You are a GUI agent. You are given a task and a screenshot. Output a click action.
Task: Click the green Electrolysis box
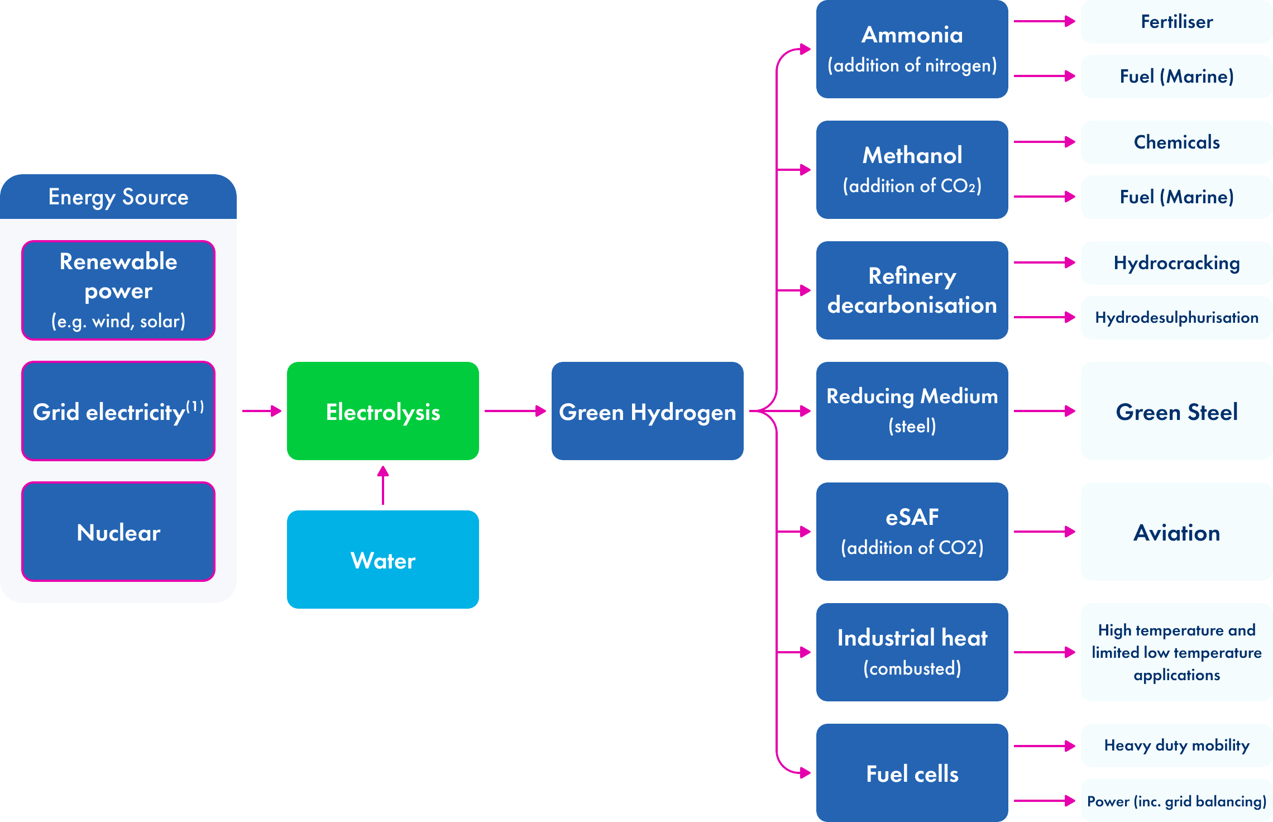(x=382, y=411)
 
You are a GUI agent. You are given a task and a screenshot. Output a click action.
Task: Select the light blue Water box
(x=382, y=560)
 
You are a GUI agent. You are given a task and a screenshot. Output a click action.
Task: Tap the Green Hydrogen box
(x=647, y=411)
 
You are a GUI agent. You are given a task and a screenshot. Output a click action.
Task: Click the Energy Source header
(x=118, y=197)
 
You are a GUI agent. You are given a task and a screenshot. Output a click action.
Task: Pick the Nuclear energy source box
(x=118, y=532)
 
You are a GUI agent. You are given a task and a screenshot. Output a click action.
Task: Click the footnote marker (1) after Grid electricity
(x=195, y=406)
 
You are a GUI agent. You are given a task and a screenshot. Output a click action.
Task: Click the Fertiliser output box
(x=1176, y=22)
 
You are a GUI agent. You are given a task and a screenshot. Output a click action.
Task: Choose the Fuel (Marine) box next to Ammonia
(x=1176, y=77)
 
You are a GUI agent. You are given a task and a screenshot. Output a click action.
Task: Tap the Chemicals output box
(x=1176, y=142)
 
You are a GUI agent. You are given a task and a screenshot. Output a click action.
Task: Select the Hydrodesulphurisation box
(x=1176, y=318)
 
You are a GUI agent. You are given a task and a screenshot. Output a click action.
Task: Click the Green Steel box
(x=1176, y=411)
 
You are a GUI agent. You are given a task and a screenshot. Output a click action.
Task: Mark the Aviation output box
(x=1176, y=532)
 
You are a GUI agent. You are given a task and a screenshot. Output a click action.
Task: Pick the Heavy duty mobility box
(x=1176, y=745)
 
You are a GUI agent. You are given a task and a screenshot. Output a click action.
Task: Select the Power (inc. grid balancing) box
(x=1176, y=801)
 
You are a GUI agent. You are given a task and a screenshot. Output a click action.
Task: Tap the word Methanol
(x=912, y=155)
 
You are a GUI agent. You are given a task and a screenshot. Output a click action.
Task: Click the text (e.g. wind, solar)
(x=118, y=321)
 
